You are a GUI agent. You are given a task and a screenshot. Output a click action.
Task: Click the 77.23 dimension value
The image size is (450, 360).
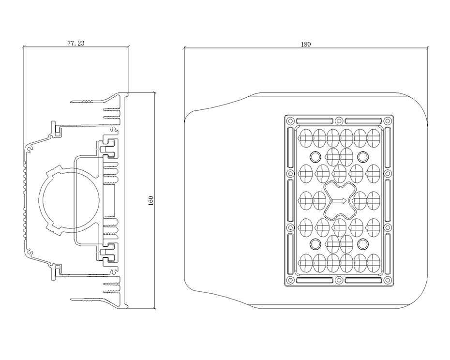[x=76, y=44]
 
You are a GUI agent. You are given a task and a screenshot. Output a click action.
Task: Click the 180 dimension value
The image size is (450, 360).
[x=306, y=44]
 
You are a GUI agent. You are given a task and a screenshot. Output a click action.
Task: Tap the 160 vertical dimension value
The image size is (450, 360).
[x=151, y=200]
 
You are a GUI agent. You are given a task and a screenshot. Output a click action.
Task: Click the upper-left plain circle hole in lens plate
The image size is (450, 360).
[x=315, y=156]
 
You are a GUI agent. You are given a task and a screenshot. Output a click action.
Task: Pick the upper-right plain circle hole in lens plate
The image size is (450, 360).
[x=363, y=156]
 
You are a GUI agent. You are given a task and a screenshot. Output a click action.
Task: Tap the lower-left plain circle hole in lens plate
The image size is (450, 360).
[x=315, y=244]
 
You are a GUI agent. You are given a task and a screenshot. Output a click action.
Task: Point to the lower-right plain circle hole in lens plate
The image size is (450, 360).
[x=363, y=244]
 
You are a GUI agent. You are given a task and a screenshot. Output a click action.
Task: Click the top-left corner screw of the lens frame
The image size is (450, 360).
[x=290, y=120]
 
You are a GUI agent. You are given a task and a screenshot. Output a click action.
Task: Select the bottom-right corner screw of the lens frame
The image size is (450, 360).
[x=388, y=280]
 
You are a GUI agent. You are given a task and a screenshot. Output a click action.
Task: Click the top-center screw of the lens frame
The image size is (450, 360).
[x=339, y=120]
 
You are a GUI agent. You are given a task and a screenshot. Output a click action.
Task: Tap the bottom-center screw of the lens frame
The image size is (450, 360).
[x=339, y=280]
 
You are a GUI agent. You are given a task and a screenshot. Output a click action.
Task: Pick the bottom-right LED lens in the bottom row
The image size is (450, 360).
[x=374, y=263]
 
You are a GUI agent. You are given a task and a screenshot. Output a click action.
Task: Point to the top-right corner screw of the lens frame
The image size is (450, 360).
[x=388, y=120]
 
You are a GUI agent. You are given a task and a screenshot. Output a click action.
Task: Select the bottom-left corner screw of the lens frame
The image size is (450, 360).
[x=290, y=280]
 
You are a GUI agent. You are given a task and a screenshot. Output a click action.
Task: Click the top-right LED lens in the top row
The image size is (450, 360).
[x=374, y=138]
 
